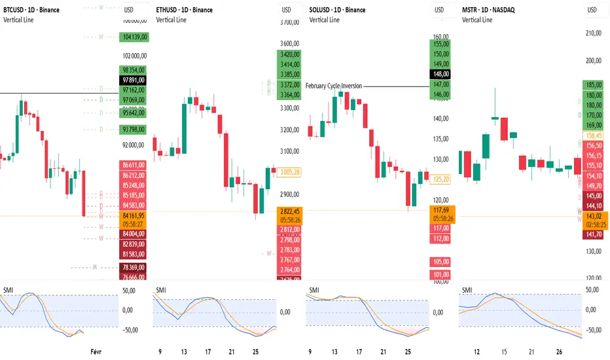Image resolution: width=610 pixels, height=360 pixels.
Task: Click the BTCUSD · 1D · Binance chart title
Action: point(31,10)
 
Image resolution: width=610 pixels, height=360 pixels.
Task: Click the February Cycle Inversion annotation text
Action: point(333,86)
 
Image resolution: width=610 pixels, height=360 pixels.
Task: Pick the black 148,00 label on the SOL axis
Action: point(439,74)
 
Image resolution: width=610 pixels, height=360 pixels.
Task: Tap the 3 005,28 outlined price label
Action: point(288,172)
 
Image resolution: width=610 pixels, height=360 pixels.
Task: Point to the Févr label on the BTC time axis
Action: point(96,351)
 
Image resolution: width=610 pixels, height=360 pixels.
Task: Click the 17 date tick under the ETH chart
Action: point(207,351)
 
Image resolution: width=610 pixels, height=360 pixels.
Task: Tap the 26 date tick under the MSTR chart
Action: point(558,351)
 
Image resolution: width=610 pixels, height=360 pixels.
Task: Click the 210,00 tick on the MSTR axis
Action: point(593,34)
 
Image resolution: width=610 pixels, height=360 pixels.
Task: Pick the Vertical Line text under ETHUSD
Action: point(171,20)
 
